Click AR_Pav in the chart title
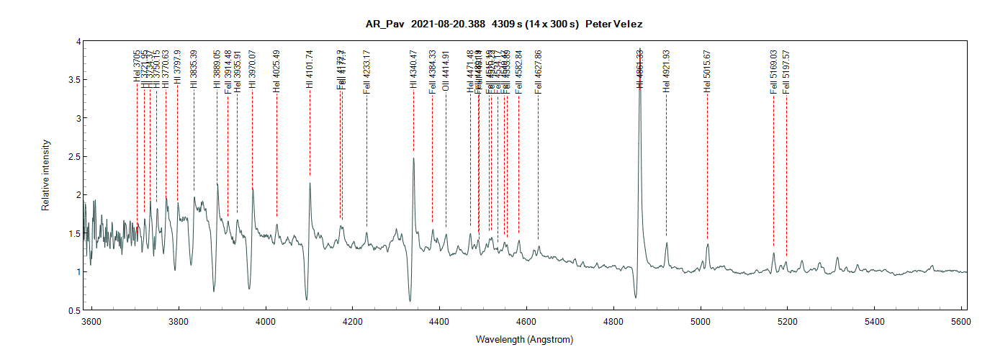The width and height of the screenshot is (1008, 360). (x=389, y=24)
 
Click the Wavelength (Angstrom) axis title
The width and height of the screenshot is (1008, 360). (x=524, y=339)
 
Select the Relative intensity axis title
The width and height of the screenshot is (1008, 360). (x=45, y=176)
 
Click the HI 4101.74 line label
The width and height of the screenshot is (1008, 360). (x=310, y=69)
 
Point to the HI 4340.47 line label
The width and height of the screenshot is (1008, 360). (x=413, y=69)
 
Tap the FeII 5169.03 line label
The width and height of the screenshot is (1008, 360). (x=774, y=71)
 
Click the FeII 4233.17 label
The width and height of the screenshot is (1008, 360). (x=366, y=71)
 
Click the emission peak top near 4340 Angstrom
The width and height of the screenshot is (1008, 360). (x=413, y=158)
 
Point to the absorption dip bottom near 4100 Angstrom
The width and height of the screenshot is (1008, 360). (x=307, y=299)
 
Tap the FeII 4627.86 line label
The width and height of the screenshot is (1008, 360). (x=538, y=71)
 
